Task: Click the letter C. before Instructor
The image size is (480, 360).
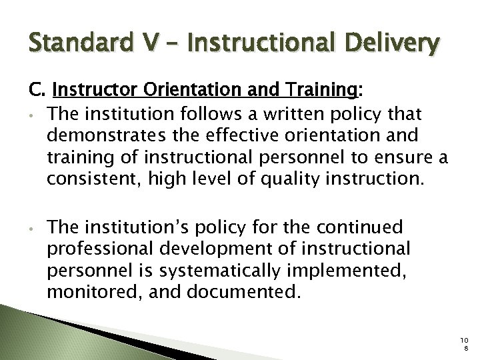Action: point(34,90)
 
